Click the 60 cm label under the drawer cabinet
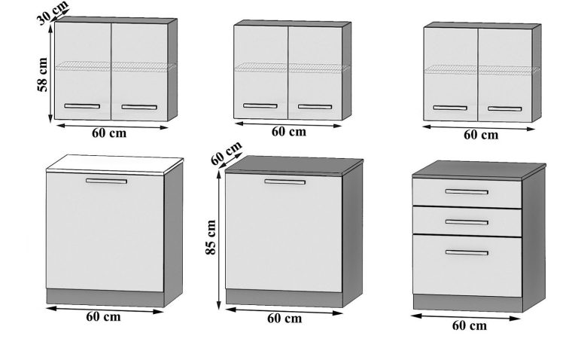pos(469,326)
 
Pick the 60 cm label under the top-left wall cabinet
pos(108,134)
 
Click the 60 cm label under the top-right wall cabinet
pos(479,136)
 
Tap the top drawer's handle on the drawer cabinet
pos(467,192)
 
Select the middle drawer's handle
pos(467,221)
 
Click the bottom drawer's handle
pos(467,252)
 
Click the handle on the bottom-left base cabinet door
pos(106,182)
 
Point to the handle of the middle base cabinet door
pos(284,182)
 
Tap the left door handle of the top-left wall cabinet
pos(82,106)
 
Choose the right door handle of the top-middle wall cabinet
pos(315,106)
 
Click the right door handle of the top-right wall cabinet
pos(504,108)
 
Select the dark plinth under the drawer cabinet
pos(467,303)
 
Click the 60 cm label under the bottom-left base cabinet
pos(104,316)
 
